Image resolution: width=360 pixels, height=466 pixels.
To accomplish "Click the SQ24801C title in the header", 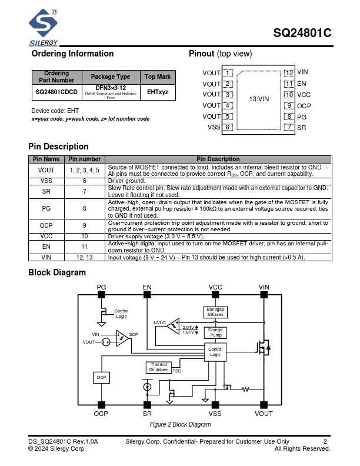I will tap(302, 34).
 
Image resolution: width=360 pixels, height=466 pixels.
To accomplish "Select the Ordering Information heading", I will tap(72, 54).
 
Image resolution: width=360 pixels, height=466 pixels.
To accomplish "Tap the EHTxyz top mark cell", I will tap(157, 92).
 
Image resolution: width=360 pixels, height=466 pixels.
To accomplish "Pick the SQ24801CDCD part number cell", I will tap(56, 92).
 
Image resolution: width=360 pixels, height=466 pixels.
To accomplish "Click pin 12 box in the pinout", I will tap(289, 73).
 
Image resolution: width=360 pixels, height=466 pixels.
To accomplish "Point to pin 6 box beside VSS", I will tap(228, 127).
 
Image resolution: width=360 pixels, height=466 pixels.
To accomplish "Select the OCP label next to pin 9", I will tap(304, 106).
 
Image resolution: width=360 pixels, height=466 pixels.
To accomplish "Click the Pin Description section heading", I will tap(58, 147).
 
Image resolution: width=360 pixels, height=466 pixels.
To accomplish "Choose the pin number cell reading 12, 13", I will tap(85, 257).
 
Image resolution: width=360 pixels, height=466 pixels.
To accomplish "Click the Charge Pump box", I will tap(215, 332).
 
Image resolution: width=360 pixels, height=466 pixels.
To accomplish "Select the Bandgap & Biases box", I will tap(215, 312).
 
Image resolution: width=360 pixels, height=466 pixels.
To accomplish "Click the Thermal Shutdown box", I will tap(158, 367).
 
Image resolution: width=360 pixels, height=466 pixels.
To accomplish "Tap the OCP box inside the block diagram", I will tap(101, 377).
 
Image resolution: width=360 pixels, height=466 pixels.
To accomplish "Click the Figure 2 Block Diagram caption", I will tap(180, 424).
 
